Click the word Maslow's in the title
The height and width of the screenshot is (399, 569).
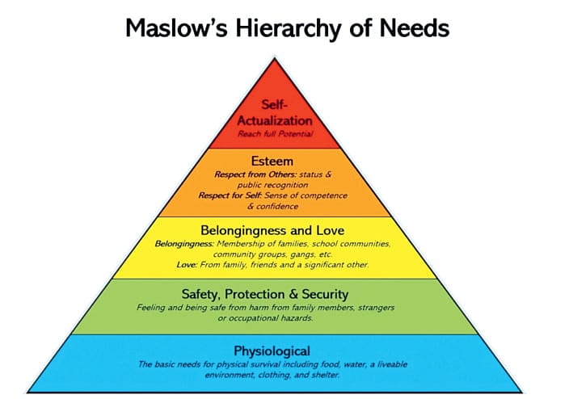click(x=176, y=27)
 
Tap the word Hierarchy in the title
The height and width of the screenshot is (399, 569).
click(x=289, y=29)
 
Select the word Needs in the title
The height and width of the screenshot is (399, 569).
click(x=415, y=28)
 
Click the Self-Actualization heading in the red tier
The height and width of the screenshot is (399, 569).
click(x=275, y=112)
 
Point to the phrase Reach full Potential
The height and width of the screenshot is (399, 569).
click(x=275, y=134)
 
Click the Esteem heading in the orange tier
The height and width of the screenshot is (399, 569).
click(x=272, y=161)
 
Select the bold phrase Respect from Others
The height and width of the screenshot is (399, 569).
click(x=255, y=174)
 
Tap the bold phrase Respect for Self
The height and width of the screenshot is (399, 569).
click(x=230, y=195)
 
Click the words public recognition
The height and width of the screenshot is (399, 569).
click(x=273, y=185)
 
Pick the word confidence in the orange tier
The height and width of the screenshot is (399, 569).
click(x=277, y=207)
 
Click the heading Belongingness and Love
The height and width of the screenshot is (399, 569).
click(x=272, y=230)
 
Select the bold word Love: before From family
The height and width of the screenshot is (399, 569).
click(x=187, y=265)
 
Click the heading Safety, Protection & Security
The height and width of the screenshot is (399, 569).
click(x=265, y=294)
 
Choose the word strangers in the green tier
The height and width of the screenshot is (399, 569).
click(x=377, y=308)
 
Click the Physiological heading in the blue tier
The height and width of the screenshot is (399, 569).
click(x=272, y=351)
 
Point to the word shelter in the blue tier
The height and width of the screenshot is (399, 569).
click(x=326, y=375)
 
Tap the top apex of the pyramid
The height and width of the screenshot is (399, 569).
click(x=275, y=58)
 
